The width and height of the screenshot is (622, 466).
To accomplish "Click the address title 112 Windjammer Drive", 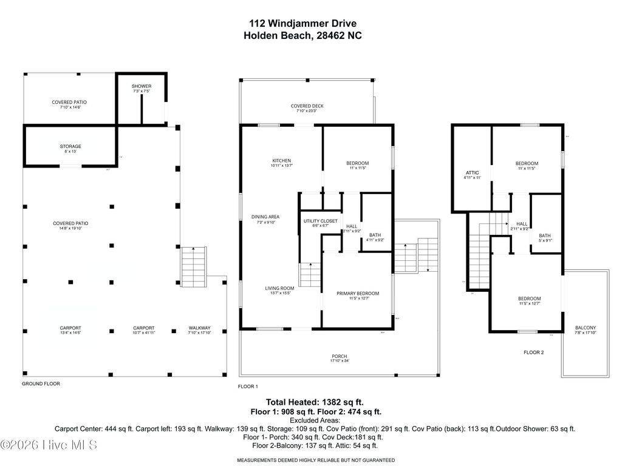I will [x=302, y=24].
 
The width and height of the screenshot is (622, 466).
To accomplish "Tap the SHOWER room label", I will [x=141, y=86].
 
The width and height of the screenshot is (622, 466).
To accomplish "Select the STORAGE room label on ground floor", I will [x=70, y=146].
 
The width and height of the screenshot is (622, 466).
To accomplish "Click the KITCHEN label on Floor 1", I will [x=281, y=161].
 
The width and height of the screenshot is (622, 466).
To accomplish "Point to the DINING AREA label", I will [x=265, y=217].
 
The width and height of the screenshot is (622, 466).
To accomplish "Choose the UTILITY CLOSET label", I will [x=320, y=221].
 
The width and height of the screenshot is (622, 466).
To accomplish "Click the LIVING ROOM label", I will [x=279, y=288].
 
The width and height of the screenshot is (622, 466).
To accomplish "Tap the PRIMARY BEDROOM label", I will [x=358, y=294].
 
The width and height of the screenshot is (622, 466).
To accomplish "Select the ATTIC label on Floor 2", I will [x=472, y=173].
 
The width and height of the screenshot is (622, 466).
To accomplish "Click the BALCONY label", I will [x=586, y=328].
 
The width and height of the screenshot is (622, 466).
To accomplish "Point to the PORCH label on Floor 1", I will [x=339, y=356].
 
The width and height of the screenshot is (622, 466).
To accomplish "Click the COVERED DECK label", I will [x=307, y=106].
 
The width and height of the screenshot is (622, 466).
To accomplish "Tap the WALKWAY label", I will [x=199, y=328].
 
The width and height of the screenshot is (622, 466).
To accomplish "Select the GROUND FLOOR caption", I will [x=41, y=383].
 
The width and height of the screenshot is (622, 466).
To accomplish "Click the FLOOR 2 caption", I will [x=534, y=352].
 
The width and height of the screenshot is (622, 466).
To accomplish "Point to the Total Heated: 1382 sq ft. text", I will [x=315, y=402].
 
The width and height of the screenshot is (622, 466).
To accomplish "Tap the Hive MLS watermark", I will [x=49, y=445].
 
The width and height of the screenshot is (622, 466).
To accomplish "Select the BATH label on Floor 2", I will [x=545, y=236].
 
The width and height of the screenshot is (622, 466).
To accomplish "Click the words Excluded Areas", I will [x=315, y=420].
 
